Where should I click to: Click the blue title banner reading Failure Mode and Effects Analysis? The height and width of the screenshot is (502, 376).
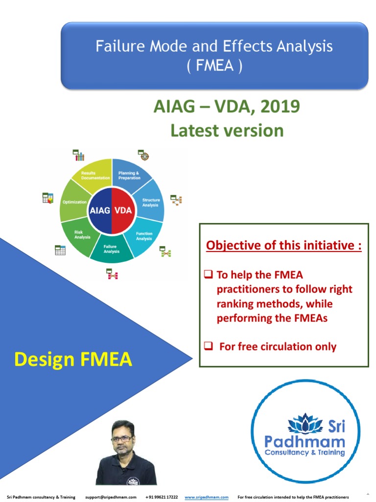pos(214,55)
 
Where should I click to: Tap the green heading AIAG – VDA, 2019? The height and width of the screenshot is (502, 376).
pos(226,106)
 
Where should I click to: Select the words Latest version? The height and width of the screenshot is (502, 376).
pos(227,130)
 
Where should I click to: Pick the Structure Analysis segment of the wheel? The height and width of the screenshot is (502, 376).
pos(150,202)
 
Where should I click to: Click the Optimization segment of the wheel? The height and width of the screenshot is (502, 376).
pos(74,202)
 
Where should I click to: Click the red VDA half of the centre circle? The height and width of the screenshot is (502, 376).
pos(123,210)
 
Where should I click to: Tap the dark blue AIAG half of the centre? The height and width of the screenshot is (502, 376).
pos(100,210)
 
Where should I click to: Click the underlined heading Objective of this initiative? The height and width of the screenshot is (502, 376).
pos(284,245)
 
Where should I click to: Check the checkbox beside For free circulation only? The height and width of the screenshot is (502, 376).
pos(208,347)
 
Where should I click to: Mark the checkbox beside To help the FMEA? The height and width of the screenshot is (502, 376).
pos(208,275)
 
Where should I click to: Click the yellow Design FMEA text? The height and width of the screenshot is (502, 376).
pos(73,359)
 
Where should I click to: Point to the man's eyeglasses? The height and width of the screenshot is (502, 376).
pos(121,438)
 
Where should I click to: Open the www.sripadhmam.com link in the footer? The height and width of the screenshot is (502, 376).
pos(207,497)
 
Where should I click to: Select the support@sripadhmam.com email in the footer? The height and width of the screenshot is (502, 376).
pos(111,497)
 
